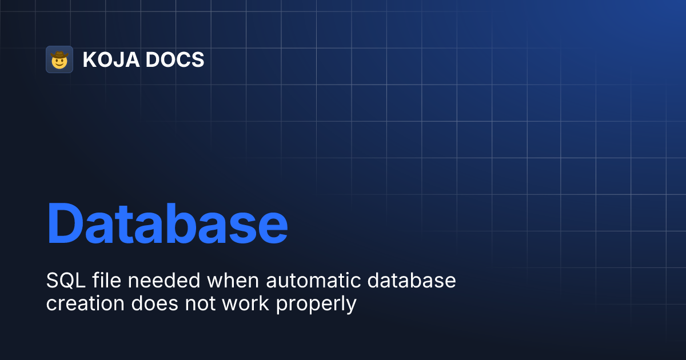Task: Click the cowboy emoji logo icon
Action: point(59,59)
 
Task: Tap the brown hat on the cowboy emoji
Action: point(59,55)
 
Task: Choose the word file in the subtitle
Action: point(105,281)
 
